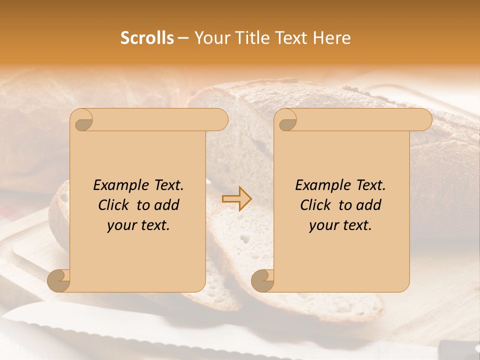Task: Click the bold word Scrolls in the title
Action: point(147,38)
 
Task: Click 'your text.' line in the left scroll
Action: point(138,225)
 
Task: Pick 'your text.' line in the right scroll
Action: point(340,225)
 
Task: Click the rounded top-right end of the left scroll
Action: point(220,119)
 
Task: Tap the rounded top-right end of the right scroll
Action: point(424,119)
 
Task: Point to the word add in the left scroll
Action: point(167,205)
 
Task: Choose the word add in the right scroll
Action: point(369,205)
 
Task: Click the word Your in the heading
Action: point(209,38)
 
